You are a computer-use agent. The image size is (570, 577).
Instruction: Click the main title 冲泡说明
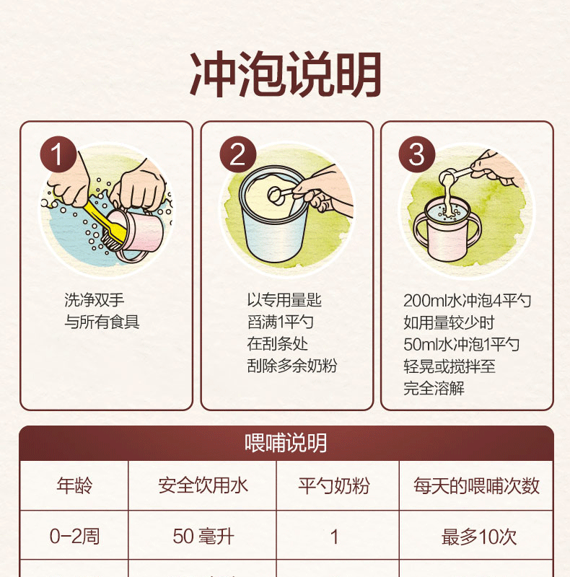tap(286, 74)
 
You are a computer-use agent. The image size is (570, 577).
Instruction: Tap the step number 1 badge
tap(58, 154)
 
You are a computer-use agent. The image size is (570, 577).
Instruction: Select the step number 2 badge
tap(238, 154)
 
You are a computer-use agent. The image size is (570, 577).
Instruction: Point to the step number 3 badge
tap(417, 154)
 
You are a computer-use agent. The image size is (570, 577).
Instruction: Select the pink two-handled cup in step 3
tap(447, 231)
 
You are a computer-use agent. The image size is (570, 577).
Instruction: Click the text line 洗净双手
tap(95, 300)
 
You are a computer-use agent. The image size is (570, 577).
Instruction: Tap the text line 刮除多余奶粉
tap(292, 366)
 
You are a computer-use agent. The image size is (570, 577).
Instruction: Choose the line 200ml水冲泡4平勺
tap(467, 301)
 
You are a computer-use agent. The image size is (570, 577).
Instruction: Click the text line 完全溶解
tap(434, 388)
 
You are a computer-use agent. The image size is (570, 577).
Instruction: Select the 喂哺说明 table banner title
tap(286, 442)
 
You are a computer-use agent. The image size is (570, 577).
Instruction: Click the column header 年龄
tap(74, 485)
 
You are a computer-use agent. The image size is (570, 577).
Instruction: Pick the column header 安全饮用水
tap(203, 485)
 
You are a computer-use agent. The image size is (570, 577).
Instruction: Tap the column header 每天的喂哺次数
tap(476, 485)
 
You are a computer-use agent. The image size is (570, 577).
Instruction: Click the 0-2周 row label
tap(75, 536)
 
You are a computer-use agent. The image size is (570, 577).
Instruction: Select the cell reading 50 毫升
tap(203, 537)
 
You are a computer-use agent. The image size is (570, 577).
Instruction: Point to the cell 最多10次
tap(479, 537)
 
